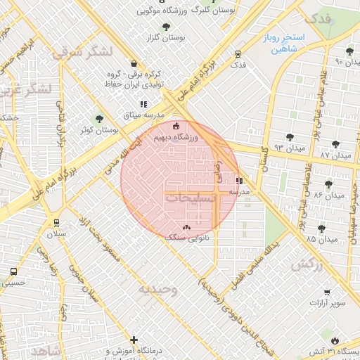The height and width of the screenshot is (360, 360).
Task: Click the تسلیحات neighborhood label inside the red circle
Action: coord(191,199)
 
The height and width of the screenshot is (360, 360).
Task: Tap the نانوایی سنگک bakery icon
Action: coord(186,227)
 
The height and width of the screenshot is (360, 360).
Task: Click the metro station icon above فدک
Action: coord(238,53)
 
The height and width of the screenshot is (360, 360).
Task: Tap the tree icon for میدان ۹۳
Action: coord(289,136)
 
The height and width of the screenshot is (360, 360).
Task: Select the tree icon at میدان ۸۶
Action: coord(328,184)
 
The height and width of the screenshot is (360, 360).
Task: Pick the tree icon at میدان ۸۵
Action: coord(321,228)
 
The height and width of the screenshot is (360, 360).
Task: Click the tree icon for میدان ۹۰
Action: coord(349,51)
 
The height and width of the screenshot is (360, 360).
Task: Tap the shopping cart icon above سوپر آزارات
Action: coord(327,292)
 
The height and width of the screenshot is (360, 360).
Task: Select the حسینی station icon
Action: coord(15,271)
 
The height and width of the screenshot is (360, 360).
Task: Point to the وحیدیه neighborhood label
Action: coord(157,289)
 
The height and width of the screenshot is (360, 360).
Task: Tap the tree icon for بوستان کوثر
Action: coord(98,119)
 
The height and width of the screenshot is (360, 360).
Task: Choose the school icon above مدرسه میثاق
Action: coord(143,104)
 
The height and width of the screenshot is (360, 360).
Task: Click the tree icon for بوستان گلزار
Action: coord(166,27)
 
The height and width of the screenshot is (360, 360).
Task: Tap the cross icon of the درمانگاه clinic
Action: coord(134,340)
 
